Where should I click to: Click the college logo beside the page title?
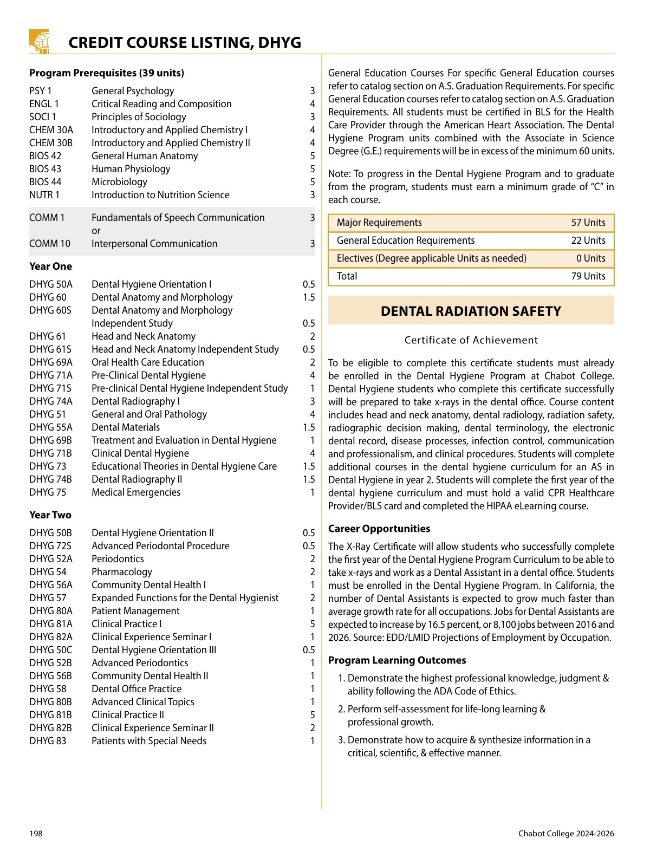(39, 41)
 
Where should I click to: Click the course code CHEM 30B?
(51, 143)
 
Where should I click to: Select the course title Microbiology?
(119, 182)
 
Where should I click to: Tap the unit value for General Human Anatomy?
(312, 156)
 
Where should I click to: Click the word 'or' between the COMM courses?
(96, 231)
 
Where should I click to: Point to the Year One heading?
(50, 266)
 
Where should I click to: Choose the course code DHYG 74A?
(51, 401)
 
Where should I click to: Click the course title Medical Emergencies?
(136, 492)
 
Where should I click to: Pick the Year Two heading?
(50, 515)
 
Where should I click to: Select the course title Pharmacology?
(122, 572)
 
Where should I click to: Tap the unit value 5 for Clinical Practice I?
(312, 624)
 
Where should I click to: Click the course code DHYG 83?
(48, 741)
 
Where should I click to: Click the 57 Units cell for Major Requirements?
(588, 223)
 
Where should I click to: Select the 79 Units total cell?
(588, 276)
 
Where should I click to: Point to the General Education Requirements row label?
(406, 240)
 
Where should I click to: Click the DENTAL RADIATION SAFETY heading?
(471, 311)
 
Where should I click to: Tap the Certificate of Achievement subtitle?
(471, 340)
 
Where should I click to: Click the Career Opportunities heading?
(379, 529)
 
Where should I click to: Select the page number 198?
(36, 834)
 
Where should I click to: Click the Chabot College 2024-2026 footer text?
(566, 834)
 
